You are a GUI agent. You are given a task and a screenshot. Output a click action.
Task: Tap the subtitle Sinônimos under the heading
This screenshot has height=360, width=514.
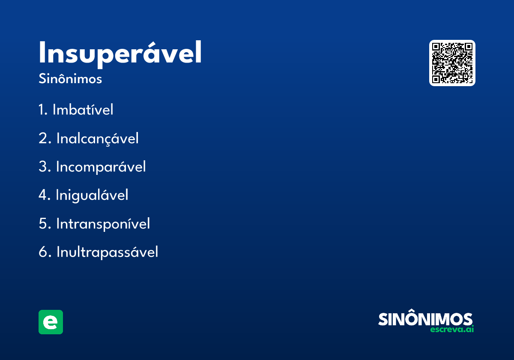70,78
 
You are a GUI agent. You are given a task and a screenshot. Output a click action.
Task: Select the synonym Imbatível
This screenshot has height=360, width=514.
83,109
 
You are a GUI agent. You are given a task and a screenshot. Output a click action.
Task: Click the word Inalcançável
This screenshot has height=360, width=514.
98,138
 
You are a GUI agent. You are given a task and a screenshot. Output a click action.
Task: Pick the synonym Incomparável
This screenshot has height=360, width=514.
101,167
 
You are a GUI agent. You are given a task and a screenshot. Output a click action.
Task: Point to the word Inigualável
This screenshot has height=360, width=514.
92,195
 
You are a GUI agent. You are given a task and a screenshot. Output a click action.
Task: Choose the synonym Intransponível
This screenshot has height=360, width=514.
103,224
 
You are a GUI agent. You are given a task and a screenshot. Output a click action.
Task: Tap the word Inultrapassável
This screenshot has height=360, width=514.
108,252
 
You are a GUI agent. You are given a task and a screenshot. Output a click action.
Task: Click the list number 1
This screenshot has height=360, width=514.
43,110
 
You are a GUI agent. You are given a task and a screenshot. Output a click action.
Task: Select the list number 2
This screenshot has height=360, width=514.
45,138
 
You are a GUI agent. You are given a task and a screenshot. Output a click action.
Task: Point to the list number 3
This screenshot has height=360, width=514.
45,167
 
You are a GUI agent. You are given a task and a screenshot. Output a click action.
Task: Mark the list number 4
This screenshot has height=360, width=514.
45,195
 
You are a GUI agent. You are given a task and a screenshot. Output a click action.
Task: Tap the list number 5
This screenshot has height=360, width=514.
45,224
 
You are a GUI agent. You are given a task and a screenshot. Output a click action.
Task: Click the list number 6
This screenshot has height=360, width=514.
45,252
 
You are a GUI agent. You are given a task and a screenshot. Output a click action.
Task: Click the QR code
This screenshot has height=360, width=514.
452,63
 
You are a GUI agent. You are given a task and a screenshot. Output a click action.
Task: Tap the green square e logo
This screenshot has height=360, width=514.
51,322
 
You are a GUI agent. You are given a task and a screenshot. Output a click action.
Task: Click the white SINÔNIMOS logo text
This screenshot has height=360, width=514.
425,318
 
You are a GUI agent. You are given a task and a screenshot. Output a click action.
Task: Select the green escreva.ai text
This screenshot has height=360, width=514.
452,329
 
